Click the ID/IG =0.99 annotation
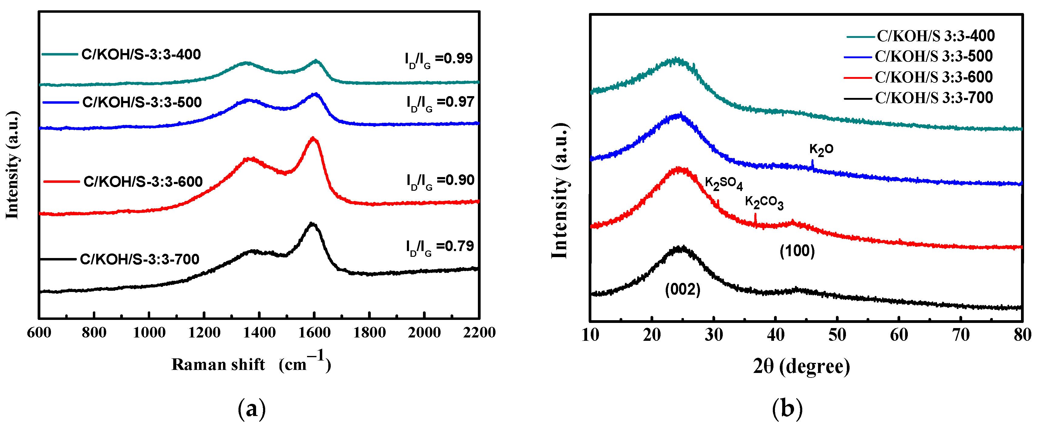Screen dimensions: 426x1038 coord(438,59)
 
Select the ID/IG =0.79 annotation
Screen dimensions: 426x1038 coord(440,247)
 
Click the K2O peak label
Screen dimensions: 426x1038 coord(821,150)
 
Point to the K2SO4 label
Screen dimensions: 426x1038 coord(723,184)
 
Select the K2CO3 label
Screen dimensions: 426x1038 coord(764,202)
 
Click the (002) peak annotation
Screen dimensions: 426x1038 coord(682,290)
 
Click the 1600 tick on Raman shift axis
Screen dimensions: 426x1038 coord(314,333)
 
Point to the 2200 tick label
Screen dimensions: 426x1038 coord(479,333)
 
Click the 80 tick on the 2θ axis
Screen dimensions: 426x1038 coord(1022,335)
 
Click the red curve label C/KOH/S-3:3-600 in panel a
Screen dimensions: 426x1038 coord(143,182)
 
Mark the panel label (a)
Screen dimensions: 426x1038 coord(252,409)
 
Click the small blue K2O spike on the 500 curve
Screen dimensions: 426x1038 coord(812,164)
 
